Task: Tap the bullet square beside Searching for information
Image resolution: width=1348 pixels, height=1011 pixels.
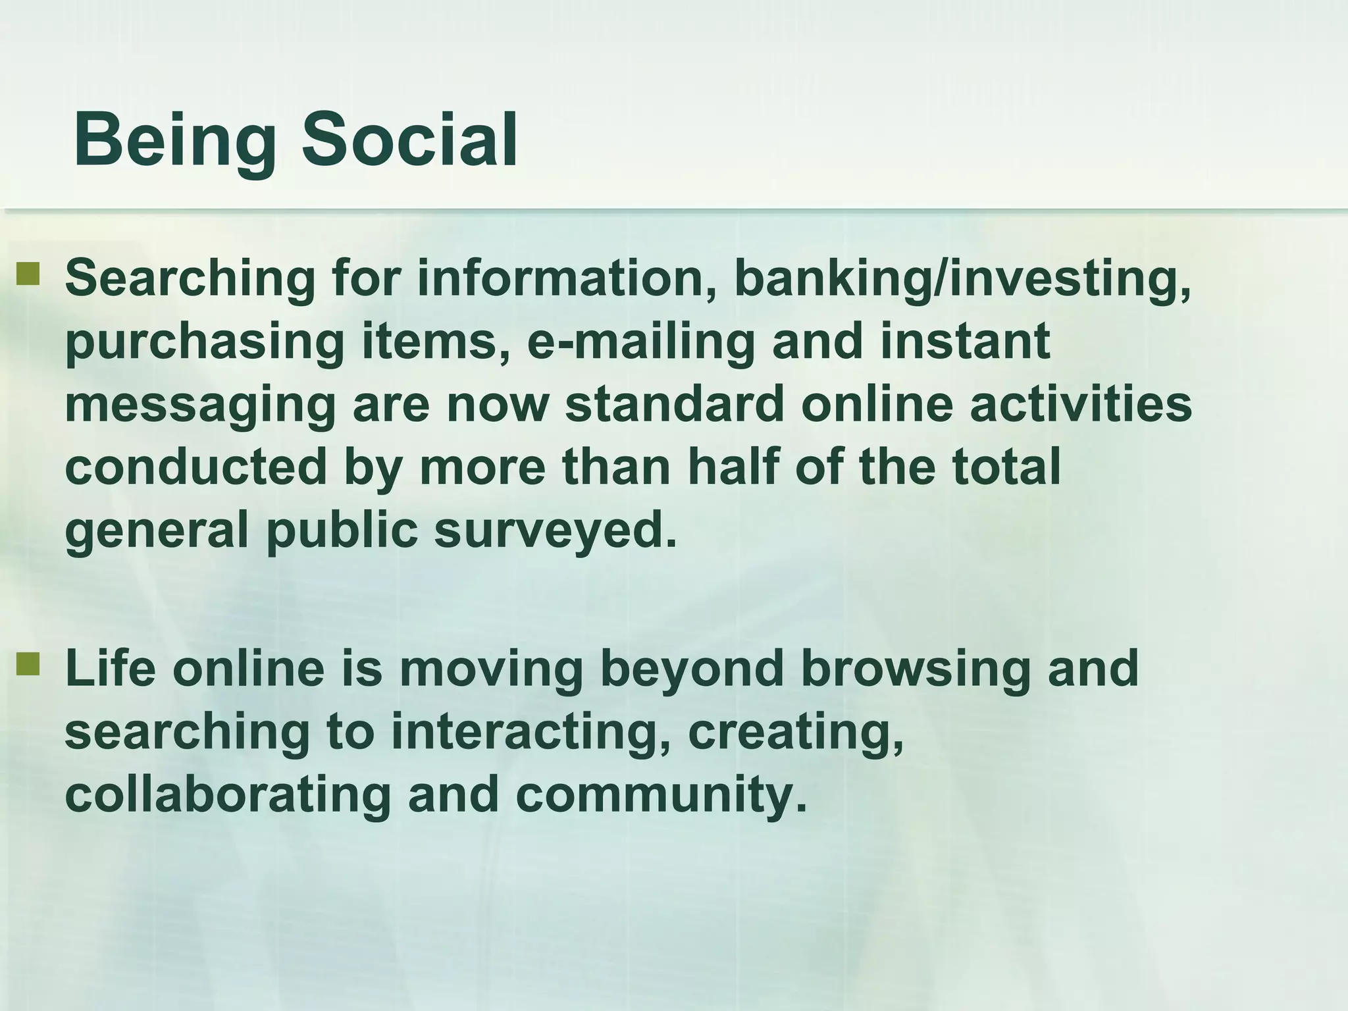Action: click(x=28, y=275)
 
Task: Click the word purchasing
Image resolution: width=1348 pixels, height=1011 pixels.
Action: click(x=205, y=342)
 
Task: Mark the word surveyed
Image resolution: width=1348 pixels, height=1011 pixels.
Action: click(x=555, y=531)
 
